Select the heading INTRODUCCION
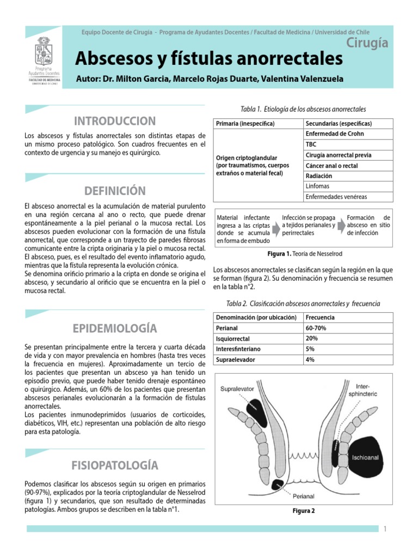click(x=115, y=120)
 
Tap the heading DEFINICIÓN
click(x=115, y=191)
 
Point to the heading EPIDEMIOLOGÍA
click(x=115, y=328)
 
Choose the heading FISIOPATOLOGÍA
click(x=115, y=465)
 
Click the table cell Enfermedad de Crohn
click(x=335, y=134)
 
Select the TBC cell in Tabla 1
click(x=311, y=144)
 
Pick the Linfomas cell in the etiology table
click(x=318, y=186)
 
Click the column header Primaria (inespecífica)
click(x=245, y=124)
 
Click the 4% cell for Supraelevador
click(x=311, y=360)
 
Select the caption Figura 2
click(x=303, y=511)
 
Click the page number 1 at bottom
click(x=384, y=529)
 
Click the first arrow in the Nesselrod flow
click(x=276, y=225)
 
